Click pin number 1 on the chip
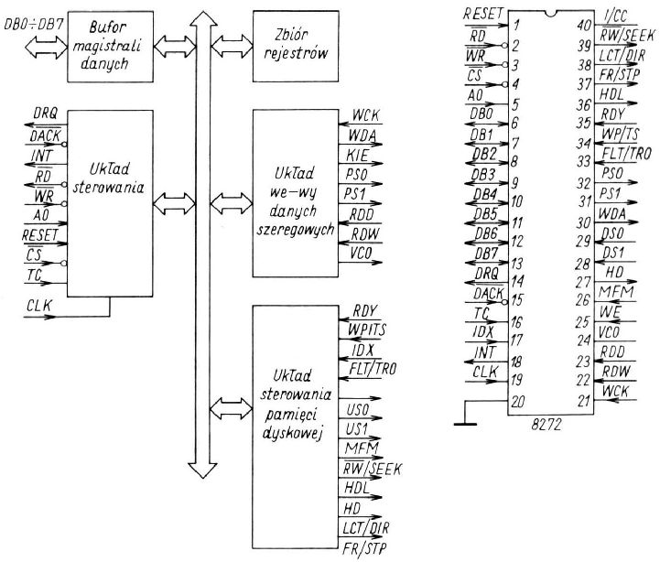[518, 27]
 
